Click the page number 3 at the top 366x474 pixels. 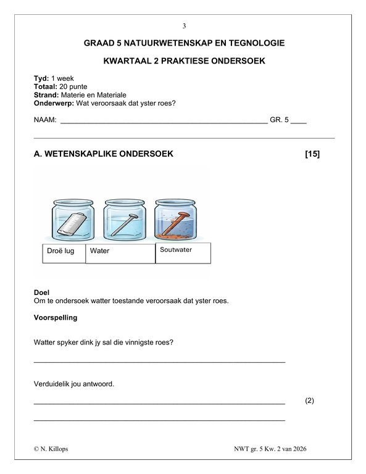click(x=183, y=26)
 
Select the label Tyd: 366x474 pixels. click(x=41, y=79)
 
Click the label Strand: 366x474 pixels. click(x=46, y=95)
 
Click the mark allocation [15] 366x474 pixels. click(x=312, y=154)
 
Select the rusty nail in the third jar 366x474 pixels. click(x=177, y=222)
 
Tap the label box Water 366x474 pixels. click(x=120, y=252)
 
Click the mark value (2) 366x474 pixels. click(x=309, y=401)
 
